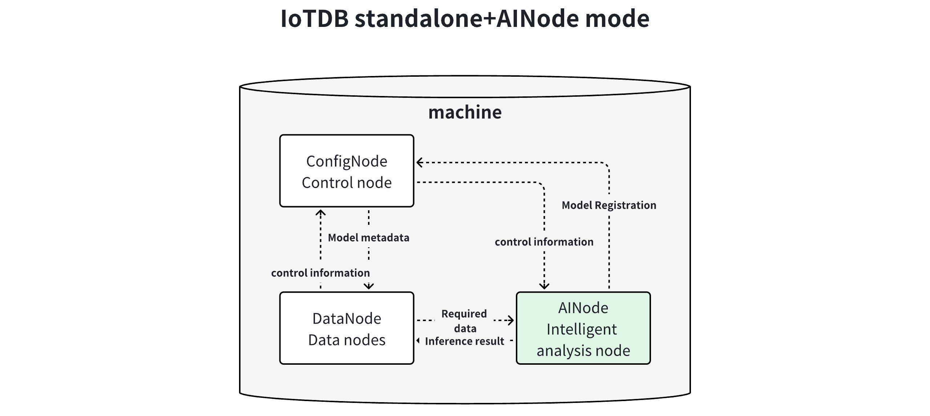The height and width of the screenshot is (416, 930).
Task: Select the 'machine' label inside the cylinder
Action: (x=465, y=112)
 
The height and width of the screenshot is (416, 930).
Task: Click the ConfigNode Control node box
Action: (x=347, y=171)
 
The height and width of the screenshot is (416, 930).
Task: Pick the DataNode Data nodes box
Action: (x=347, y=328)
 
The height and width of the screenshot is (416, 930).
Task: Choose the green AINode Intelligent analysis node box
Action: (x=583, y=328)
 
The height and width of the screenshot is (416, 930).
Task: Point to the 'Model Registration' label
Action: (x=609, y=205)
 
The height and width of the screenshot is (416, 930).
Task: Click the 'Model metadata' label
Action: (x=368, y=238)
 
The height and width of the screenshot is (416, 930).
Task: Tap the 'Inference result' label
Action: (x=464, y=341)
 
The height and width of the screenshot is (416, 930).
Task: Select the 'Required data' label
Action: (x=464, y=321)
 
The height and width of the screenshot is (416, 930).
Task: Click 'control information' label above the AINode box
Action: (x=544, y=242)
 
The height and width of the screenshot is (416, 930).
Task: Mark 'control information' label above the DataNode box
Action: (x=320, y=273)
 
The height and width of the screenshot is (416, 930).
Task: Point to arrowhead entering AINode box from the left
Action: (x=511, y=320)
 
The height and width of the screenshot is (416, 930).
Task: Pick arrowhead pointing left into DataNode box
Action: (x=418, y=341)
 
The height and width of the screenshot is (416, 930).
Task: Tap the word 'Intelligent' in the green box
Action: (x=582, y=329)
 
